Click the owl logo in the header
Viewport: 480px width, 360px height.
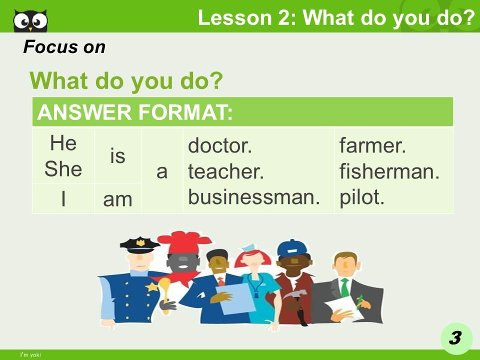point(30,20)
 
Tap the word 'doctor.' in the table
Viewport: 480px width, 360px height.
point(219,146)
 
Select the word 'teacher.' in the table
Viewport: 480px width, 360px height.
point(225,172)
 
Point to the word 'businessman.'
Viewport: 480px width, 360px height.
point(253,197)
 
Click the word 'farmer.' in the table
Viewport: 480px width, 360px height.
point(372,146)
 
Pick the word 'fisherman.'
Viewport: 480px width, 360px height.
point(389,172)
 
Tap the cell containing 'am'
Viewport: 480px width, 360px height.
point(117,199)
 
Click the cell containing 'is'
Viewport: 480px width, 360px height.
point(117,156)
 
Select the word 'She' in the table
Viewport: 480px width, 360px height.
point(63,168)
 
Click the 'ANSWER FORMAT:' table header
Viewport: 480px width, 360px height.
point(135,112)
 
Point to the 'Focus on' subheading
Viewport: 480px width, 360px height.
point(64,47)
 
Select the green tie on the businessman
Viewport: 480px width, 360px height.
point(344,287)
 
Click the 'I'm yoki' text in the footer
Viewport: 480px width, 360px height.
point(30,354)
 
